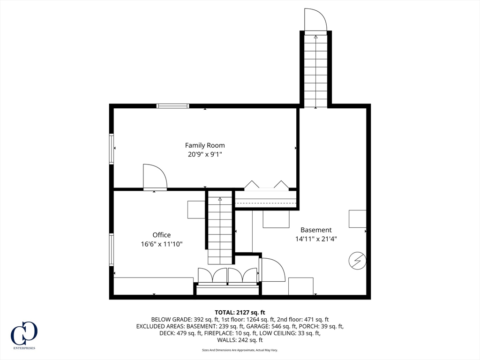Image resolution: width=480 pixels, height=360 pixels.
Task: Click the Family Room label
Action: pyautogui.click(x=205, y=145)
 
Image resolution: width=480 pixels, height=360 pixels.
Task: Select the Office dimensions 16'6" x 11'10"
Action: pyautogui.click(x=161, y=244)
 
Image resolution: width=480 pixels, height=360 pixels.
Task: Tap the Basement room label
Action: pyautogui.click(x=316, y=230)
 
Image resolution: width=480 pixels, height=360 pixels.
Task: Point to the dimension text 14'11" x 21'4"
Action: pyautogui.click(x=316, y=239)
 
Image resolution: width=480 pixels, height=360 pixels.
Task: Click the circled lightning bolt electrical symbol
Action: pyautogui.click(x=357, y=261)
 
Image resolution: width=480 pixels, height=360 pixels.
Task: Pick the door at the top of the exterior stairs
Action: pyautogui.click(x=315, y=21)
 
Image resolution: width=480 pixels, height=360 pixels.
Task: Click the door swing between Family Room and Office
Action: pyautogui.click(x=155, y=177)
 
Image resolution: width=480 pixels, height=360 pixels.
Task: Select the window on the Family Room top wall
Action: pyautogui.click(x=172, y=106)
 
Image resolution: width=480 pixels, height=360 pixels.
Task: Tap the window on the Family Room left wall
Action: pyautogui.click(x=112, y=149)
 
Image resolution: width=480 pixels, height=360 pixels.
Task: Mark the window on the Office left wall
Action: pyautogui.click(x=112, y=249)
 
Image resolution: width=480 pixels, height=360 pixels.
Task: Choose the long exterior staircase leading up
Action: pyautogui.click(x=315, y=70)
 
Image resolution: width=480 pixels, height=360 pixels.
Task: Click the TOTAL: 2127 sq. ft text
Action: pyautogui.click(x=240, y=312)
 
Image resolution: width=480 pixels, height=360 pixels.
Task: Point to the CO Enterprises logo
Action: pyautogui.click(x=24, y=334)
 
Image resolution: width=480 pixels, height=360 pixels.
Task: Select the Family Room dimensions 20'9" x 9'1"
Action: pyautogui.click(x=205, y=154)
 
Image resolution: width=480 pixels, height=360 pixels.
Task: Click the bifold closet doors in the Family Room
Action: pyautogui.click(x=266, y=186)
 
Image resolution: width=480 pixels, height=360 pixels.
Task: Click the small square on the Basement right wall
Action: pyautogui.click(x=358, y=219)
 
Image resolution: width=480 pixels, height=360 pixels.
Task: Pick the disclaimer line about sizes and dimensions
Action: pyautogui.click(x=240, y=350)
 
